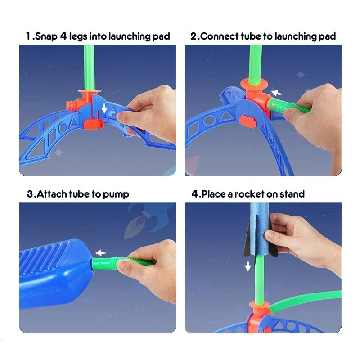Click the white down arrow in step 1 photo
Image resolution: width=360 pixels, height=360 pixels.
104,108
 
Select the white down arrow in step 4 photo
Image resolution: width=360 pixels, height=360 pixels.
247,267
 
